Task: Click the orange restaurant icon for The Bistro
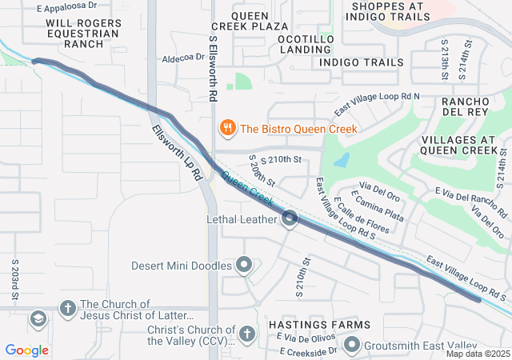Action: tap(228, 128)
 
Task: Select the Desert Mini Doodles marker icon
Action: tap(245, 265)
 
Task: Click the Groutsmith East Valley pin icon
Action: tap(352, 346)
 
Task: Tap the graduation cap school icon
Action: tap(37, 319)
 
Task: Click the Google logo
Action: tap(26, 350)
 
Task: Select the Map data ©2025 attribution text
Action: tap(477, 354)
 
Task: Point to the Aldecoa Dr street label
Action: tap(182, 57)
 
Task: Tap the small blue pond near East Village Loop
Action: tap(342, 160)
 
